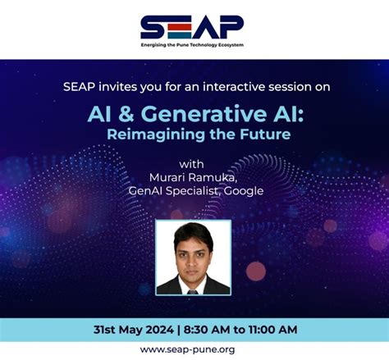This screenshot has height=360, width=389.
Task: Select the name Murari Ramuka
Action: [194, 177]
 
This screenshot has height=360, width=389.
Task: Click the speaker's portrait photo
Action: [194, 257]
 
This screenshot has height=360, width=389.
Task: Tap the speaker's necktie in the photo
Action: [194, 287]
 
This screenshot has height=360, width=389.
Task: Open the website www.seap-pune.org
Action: [194, 349]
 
